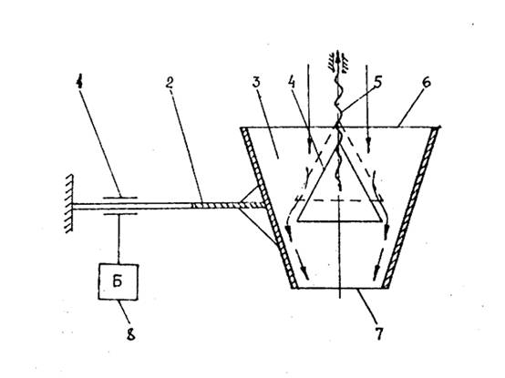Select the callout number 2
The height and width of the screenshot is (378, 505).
click(170, 83)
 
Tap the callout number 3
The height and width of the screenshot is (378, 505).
click(256, 83)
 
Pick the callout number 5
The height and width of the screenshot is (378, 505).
click(377, 82)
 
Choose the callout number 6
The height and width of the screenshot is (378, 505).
click(426, 83)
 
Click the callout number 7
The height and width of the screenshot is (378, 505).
click(379, 334)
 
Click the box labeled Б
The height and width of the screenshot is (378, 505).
click(119, 282)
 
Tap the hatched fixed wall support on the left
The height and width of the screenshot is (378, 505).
click(68, 203)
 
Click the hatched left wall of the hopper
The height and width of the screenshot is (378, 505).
click(269, 208)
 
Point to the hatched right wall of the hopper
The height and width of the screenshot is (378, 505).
click(410, 208)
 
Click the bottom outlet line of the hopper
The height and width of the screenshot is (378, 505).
click(339, 288)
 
